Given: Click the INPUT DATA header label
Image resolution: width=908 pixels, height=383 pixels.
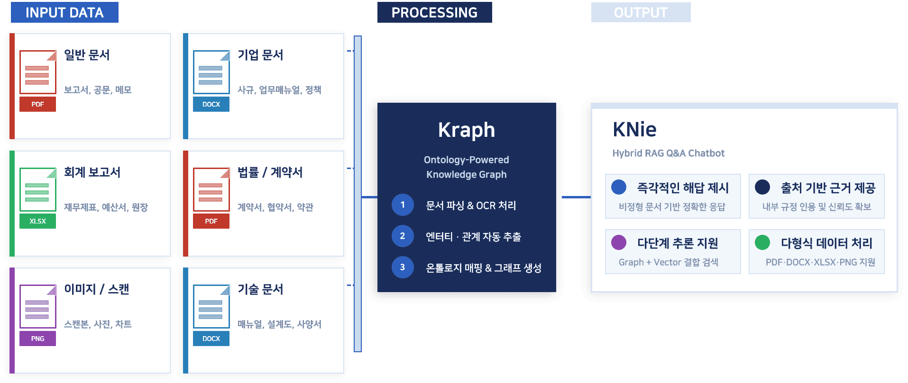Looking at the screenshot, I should (64, 12).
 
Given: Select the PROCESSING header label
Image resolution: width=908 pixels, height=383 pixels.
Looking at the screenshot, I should (434, 12).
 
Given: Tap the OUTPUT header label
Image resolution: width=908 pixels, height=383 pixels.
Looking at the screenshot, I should (641, 12).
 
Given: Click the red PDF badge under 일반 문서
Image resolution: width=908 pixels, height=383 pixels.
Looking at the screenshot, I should (37, 104).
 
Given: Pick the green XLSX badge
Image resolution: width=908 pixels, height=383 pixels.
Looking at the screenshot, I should (37, 221).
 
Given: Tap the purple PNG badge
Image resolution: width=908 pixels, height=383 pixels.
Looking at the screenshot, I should (37, 338).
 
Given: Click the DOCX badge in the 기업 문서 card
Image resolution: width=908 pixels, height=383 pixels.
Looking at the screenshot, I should (211, 104).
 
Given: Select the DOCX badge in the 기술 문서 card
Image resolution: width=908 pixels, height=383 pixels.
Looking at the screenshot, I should (211, 338).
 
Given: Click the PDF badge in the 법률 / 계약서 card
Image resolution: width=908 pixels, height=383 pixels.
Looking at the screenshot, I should (211, 221).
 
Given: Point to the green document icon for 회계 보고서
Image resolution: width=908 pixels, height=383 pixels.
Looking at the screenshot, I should (37, 189).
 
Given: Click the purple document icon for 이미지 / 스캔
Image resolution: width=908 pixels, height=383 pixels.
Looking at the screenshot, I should (37, 306).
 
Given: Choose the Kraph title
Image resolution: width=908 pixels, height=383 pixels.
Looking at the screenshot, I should (466, 130).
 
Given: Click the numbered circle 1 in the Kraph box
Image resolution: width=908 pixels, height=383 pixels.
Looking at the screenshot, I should (403, 205).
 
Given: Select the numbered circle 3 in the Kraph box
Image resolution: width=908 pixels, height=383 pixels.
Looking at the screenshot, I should (403, 267).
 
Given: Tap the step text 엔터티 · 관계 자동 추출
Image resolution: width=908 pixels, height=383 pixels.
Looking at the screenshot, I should (473, 236).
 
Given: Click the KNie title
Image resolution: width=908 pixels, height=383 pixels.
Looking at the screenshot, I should (634, 129).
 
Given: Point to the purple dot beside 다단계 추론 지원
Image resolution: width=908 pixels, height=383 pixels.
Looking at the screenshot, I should (619, 242).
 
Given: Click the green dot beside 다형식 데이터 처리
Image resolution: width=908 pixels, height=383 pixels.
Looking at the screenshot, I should (762, 242).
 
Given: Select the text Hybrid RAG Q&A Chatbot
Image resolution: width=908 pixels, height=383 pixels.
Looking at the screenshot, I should (668, 153).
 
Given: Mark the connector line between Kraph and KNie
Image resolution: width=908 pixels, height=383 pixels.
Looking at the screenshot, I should (576, 197).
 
